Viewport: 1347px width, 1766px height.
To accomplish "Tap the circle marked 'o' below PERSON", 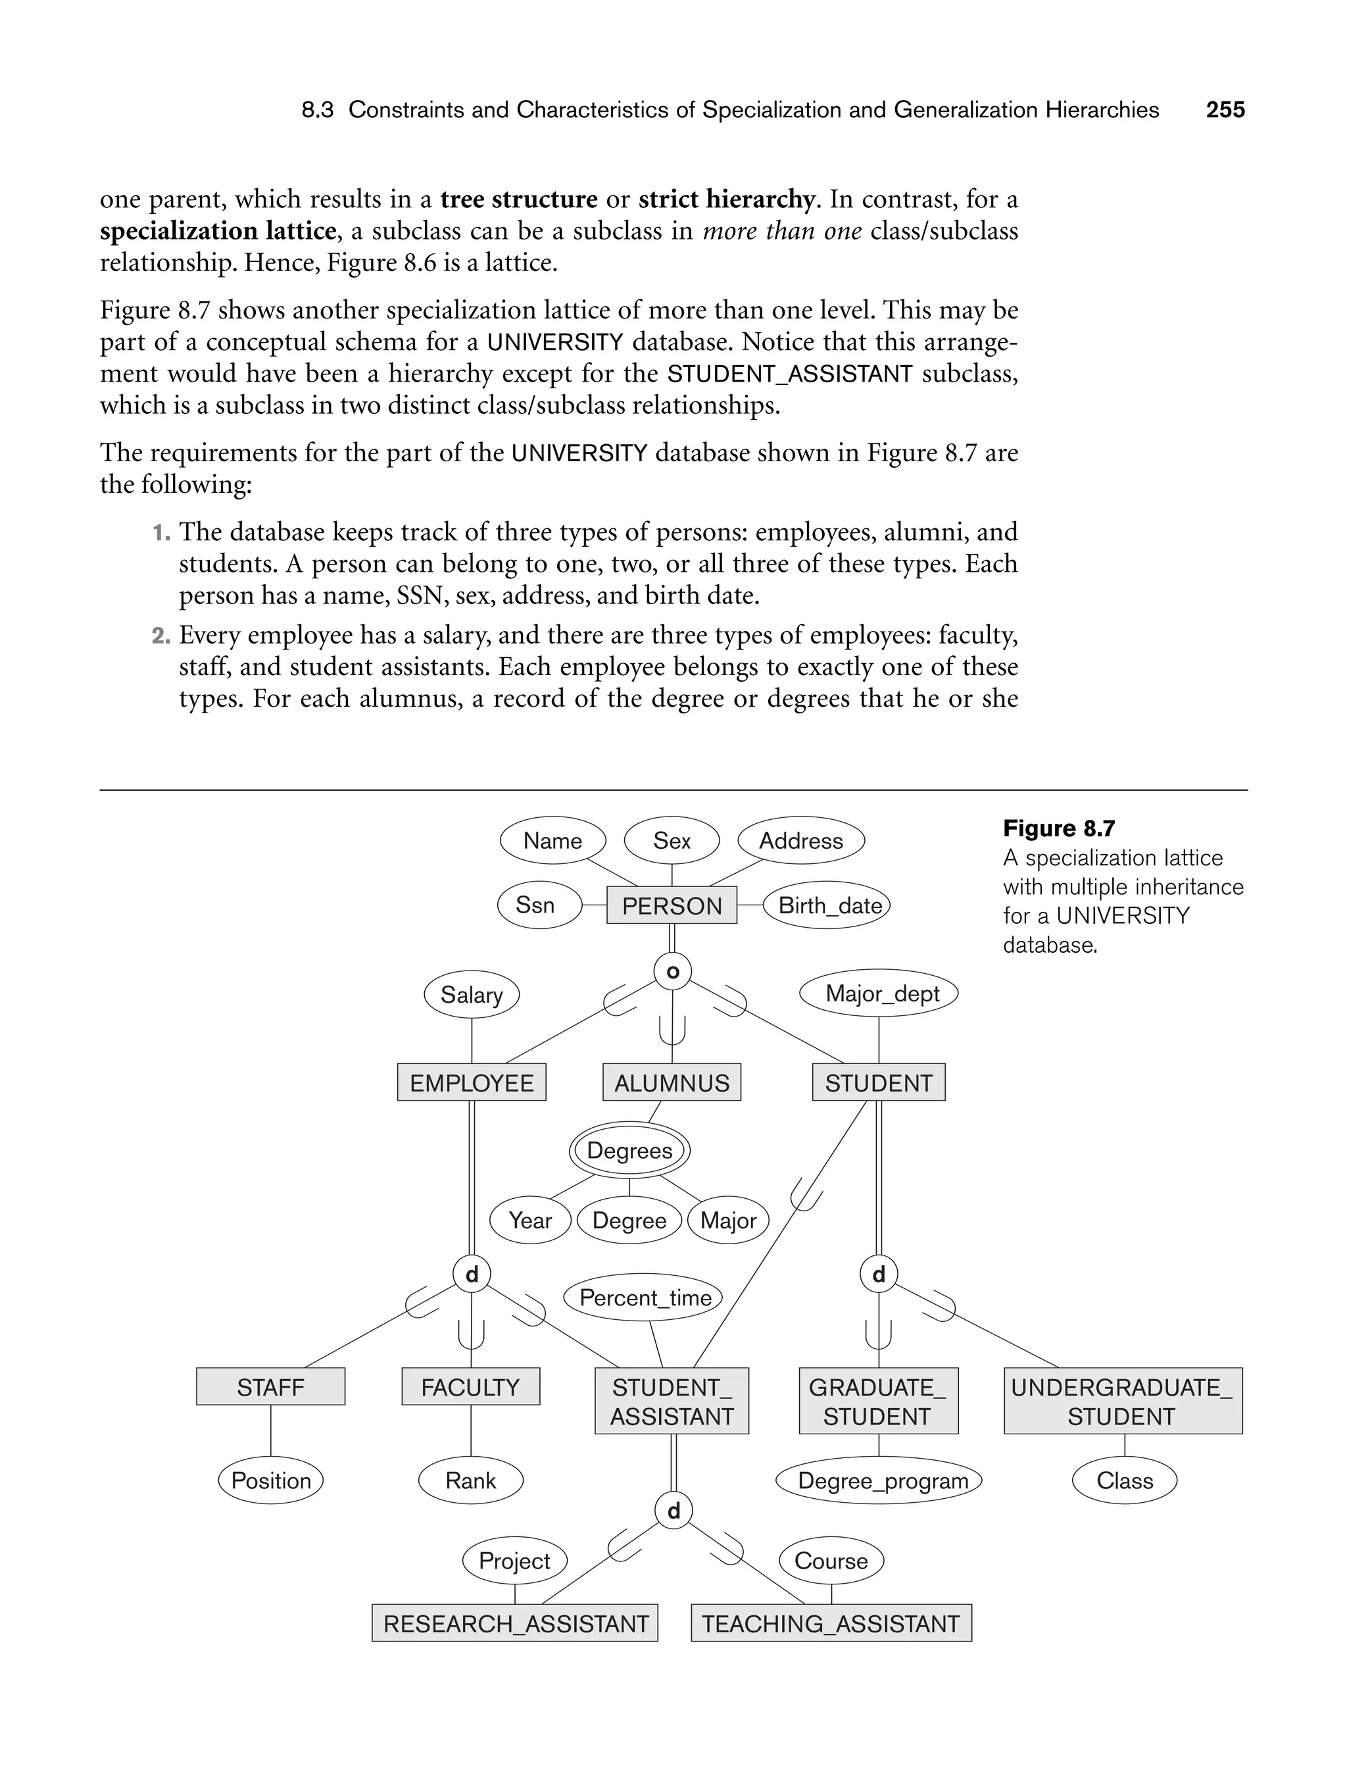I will (x=673, y=972).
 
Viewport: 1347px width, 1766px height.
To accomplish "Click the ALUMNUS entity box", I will (x=672, y=1083).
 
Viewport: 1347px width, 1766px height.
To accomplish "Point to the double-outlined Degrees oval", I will (x=629, y=1151).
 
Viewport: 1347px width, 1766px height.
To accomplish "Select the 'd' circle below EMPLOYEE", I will (x=472, y=1274).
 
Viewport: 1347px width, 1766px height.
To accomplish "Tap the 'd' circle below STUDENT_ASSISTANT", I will (x=673, y=1511).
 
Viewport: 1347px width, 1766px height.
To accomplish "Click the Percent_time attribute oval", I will (x=645, y=1298).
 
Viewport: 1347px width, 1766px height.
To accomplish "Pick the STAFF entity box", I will (x=270, y=1386).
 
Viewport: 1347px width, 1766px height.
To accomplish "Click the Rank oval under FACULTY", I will (x=471, y=1480).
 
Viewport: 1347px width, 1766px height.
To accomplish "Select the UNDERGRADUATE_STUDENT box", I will (x=1123, y=1401).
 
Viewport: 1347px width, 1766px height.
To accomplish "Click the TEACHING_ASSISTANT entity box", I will (x=831, y=1623).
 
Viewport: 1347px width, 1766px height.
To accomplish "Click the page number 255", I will (x=1225, y=110).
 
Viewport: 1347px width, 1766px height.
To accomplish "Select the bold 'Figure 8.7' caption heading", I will (x=1058, y=828).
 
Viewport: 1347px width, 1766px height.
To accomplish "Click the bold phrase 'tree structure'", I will (x=519, y=199).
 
